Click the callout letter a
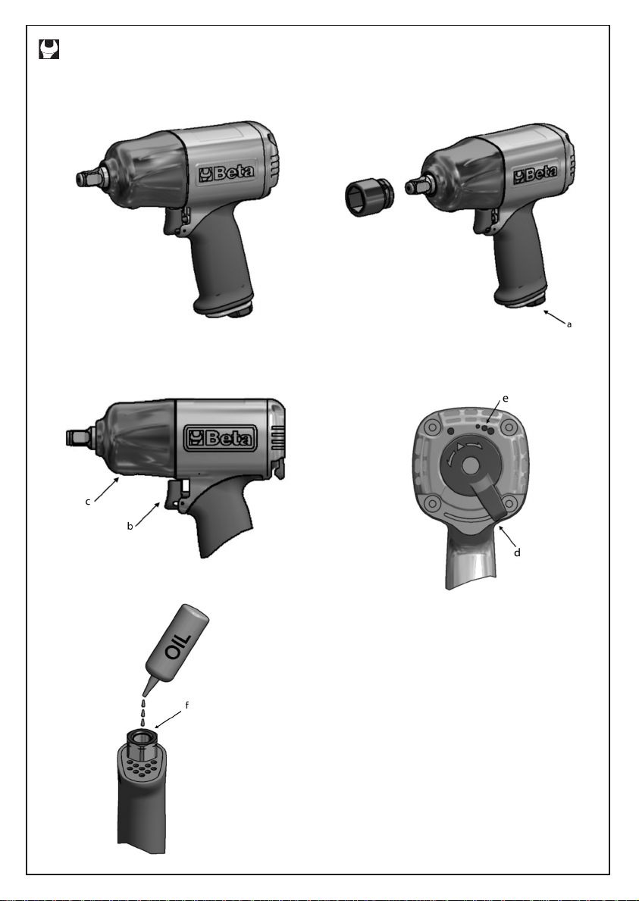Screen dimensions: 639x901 569,324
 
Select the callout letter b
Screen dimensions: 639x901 130,526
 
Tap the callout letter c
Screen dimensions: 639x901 88,502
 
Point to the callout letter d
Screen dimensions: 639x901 517,552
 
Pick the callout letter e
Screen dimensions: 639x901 506,398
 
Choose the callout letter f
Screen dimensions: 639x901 186,705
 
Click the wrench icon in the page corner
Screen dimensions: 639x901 49,48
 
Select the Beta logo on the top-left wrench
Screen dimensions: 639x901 227,172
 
